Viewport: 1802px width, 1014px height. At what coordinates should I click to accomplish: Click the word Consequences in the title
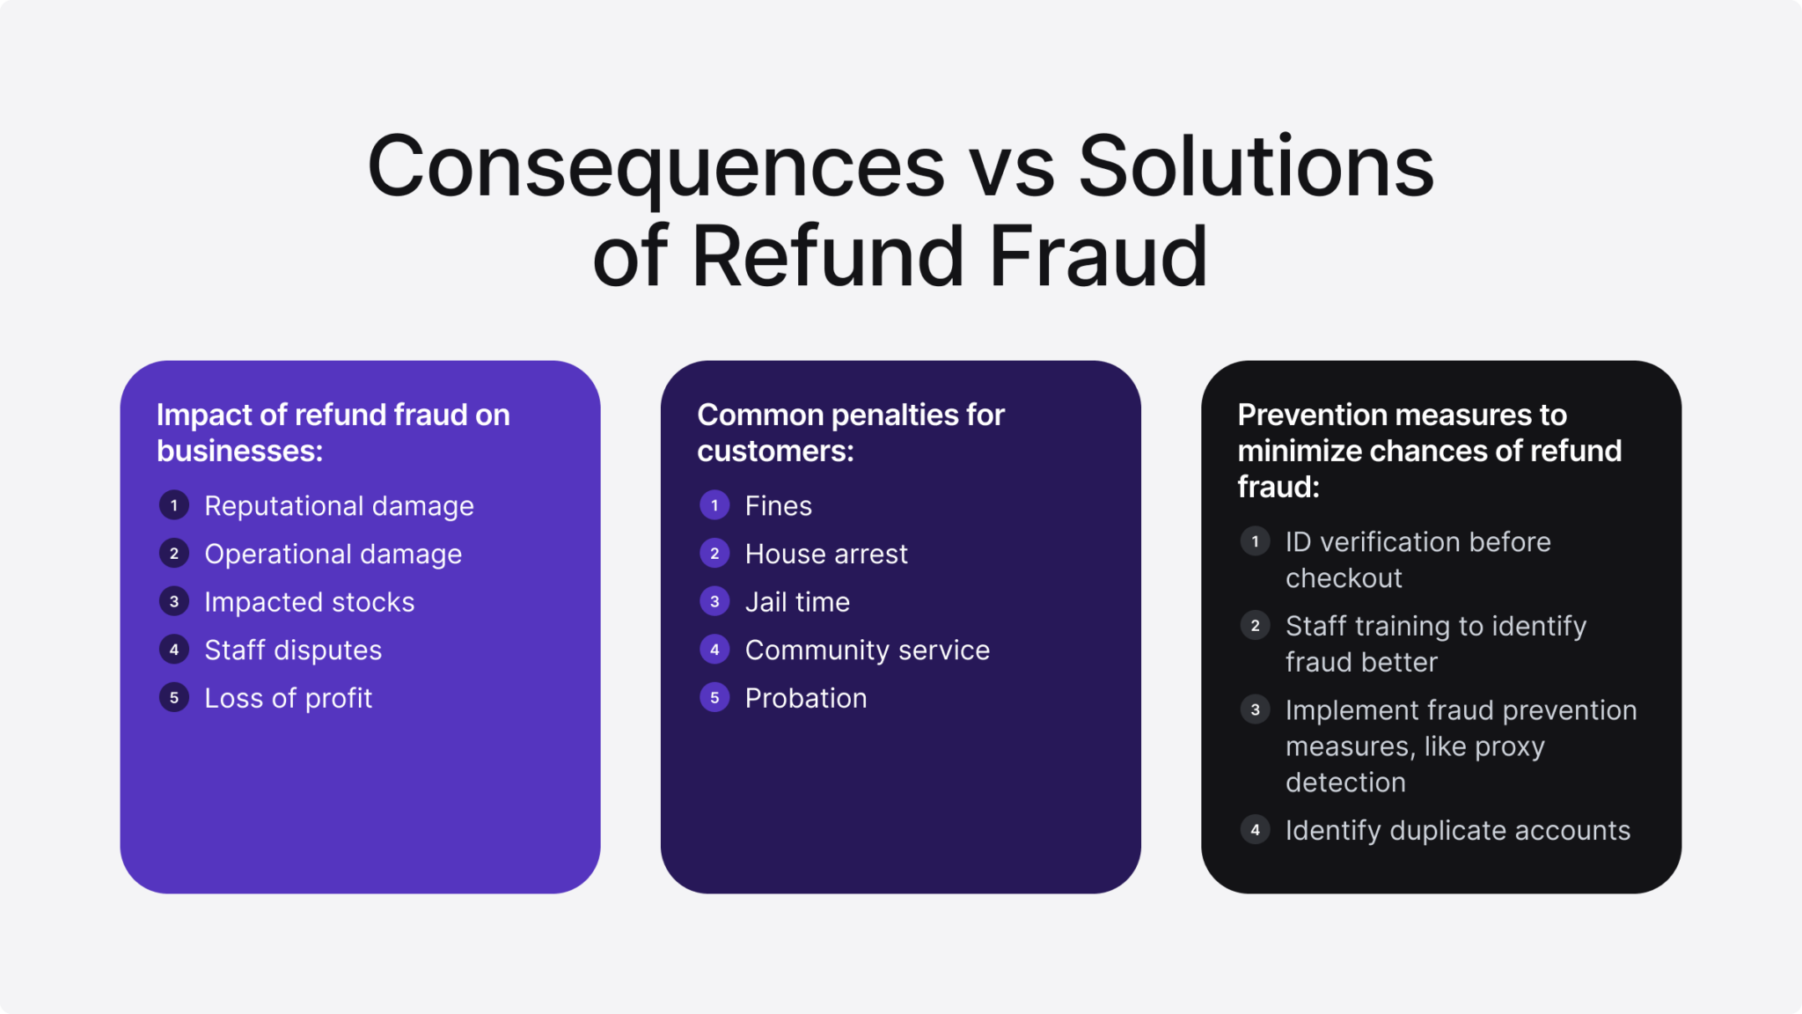(656, 167)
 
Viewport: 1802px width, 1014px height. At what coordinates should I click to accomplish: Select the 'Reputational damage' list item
(339, 506)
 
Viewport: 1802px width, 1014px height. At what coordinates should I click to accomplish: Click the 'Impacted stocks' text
(309, 602)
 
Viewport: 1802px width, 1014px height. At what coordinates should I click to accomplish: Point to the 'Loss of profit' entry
(288, 698)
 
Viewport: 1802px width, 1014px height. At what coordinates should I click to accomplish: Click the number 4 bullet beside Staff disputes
(174, 650)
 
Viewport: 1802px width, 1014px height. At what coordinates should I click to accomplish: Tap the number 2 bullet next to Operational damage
(174, 554)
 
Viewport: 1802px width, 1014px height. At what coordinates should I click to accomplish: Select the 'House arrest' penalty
(825, 554)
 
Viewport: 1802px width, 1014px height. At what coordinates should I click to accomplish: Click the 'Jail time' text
(797, 602)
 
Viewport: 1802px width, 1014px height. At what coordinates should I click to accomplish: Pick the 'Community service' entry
(867, 650)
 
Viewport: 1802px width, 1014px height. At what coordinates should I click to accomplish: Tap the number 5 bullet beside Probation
(714, 698)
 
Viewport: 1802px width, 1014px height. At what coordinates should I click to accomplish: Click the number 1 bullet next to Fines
(714, 505)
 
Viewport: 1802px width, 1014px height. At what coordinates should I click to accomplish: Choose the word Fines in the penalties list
(778, 506)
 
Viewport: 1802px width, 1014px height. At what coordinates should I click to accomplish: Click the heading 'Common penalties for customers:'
(850, 432)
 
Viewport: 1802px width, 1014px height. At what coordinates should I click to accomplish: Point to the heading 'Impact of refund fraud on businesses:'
(333, 432)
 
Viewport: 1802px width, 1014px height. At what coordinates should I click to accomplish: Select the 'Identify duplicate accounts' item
(1457, 830)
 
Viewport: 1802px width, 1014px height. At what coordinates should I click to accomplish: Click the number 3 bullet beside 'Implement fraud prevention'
(1255, 709)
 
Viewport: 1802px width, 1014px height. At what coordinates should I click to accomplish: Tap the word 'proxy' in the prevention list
(1509, 746)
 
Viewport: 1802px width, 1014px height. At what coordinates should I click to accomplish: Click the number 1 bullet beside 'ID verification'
(1255, 541)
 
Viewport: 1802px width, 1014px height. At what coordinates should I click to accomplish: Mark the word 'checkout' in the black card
(1344, 578)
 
